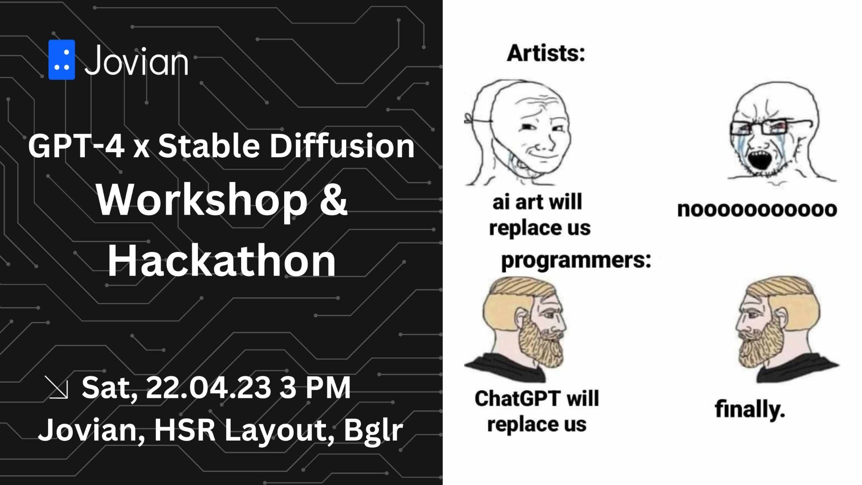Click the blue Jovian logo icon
(62, 60)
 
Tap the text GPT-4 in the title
(76, 146)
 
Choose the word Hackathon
(221, 260)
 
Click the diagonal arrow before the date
(57, 388)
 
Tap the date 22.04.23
(208, 387)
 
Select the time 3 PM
(315, 387)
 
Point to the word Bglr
(373, 430)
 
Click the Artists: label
(546, 53)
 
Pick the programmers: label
(576, 260)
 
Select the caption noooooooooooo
(757, 209)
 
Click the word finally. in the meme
(750, 409)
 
